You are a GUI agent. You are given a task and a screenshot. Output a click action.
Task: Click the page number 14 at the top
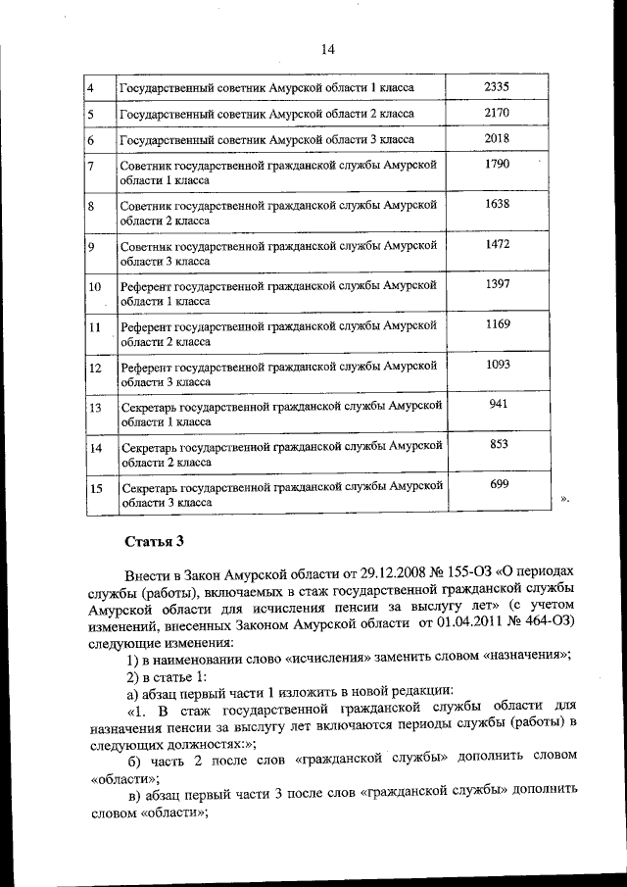(327, 50)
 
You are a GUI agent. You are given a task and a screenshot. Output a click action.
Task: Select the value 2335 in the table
(497, 87)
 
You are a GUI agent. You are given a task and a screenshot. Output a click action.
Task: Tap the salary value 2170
(497, 113)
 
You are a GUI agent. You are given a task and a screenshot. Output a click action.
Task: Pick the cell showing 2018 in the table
(497, 138)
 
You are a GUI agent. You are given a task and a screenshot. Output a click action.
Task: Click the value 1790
(497, 164)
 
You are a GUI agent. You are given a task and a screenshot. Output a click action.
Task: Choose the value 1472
(497, 244)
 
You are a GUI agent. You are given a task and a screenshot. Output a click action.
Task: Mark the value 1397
(497, 284)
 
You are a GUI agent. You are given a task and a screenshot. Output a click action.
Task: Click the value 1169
(497, 323)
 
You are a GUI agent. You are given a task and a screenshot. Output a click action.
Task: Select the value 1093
(497, 365)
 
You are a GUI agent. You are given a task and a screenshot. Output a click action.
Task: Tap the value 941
(498, 404)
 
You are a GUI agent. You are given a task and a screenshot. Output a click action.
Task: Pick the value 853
(498, 444)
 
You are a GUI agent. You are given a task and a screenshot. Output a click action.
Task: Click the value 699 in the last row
(498, 484)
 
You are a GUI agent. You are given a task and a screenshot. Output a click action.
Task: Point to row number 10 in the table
(95, 286)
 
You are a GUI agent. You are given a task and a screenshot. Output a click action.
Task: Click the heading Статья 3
(155, 541)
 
